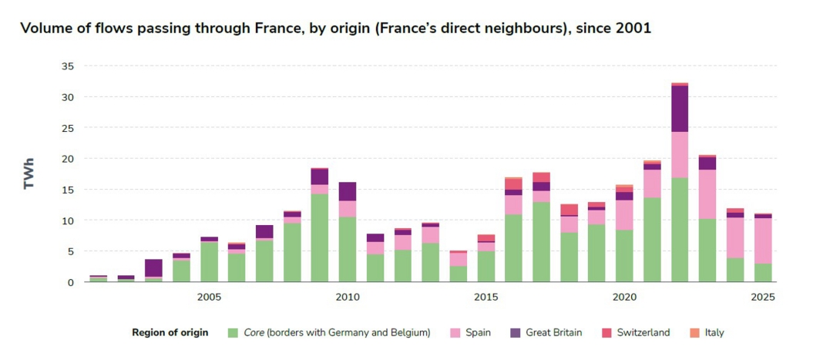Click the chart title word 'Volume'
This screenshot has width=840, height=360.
[45, 29]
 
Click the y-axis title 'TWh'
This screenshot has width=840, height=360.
[29, 174]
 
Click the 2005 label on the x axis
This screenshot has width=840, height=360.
[209, 297]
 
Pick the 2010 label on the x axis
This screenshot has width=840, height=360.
[347, 297]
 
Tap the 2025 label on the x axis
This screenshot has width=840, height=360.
[762, 297]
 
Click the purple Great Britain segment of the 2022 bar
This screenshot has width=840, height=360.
[680, 109]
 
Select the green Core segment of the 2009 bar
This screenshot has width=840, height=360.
[320, 237]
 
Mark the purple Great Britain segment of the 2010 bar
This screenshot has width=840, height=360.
[348, 191]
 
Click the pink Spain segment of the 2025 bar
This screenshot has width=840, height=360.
[762, 241]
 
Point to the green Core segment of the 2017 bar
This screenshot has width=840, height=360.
[541, 241]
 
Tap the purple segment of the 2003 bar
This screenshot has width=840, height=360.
[153, 267]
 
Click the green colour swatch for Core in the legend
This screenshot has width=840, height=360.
[233, 333]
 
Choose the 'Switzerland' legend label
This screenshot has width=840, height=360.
[643, 333]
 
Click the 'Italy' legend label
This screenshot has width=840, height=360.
[714, 333]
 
